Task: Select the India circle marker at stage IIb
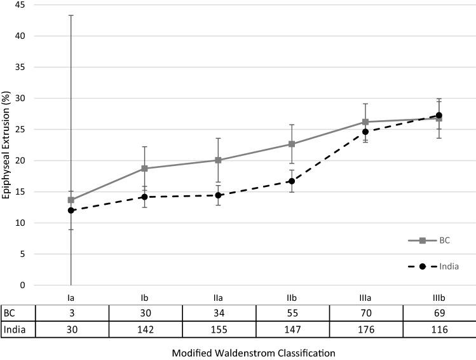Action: (x=292, y=181)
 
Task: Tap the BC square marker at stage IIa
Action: (x=219, y=160)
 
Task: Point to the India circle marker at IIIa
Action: (x=365, y=132)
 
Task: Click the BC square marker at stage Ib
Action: (x=145, y=169)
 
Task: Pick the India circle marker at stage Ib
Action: (x=145, y=197)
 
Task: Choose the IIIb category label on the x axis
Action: (x=439, y=297)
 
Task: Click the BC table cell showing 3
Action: (x=71, y=313)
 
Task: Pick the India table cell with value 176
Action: (x=365, y=329)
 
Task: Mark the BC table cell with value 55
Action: (x=292, y=313)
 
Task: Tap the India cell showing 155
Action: (x=219, y=329)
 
